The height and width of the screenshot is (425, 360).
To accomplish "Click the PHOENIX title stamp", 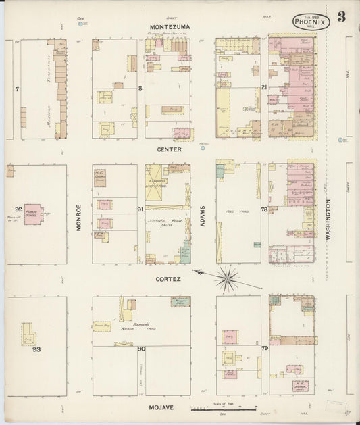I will pos(311,22).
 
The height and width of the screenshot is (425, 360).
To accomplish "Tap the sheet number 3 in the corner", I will pos(341,18).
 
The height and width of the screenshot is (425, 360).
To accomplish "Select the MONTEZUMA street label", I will pos(170,26).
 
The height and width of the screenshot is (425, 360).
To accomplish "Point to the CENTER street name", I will pos(170,149).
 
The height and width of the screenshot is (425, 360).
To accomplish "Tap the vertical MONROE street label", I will pos(79,218).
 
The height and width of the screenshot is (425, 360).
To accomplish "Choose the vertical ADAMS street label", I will pos(202,216).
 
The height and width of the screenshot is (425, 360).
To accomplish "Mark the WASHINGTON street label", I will pos(328,219).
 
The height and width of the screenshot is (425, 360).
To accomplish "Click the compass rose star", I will pos(228,277).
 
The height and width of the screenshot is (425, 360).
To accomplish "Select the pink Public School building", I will pos(33,214).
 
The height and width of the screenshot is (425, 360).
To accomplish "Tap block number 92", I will pos(18,209).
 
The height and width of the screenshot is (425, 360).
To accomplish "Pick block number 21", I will pos(264,88).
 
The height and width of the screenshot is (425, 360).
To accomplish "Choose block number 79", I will pos(264,349).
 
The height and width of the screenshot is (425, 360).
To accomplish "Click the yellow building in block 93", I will pos(28,334).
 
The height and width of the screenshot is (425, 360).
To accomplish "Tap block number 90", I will pos(140,349).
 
